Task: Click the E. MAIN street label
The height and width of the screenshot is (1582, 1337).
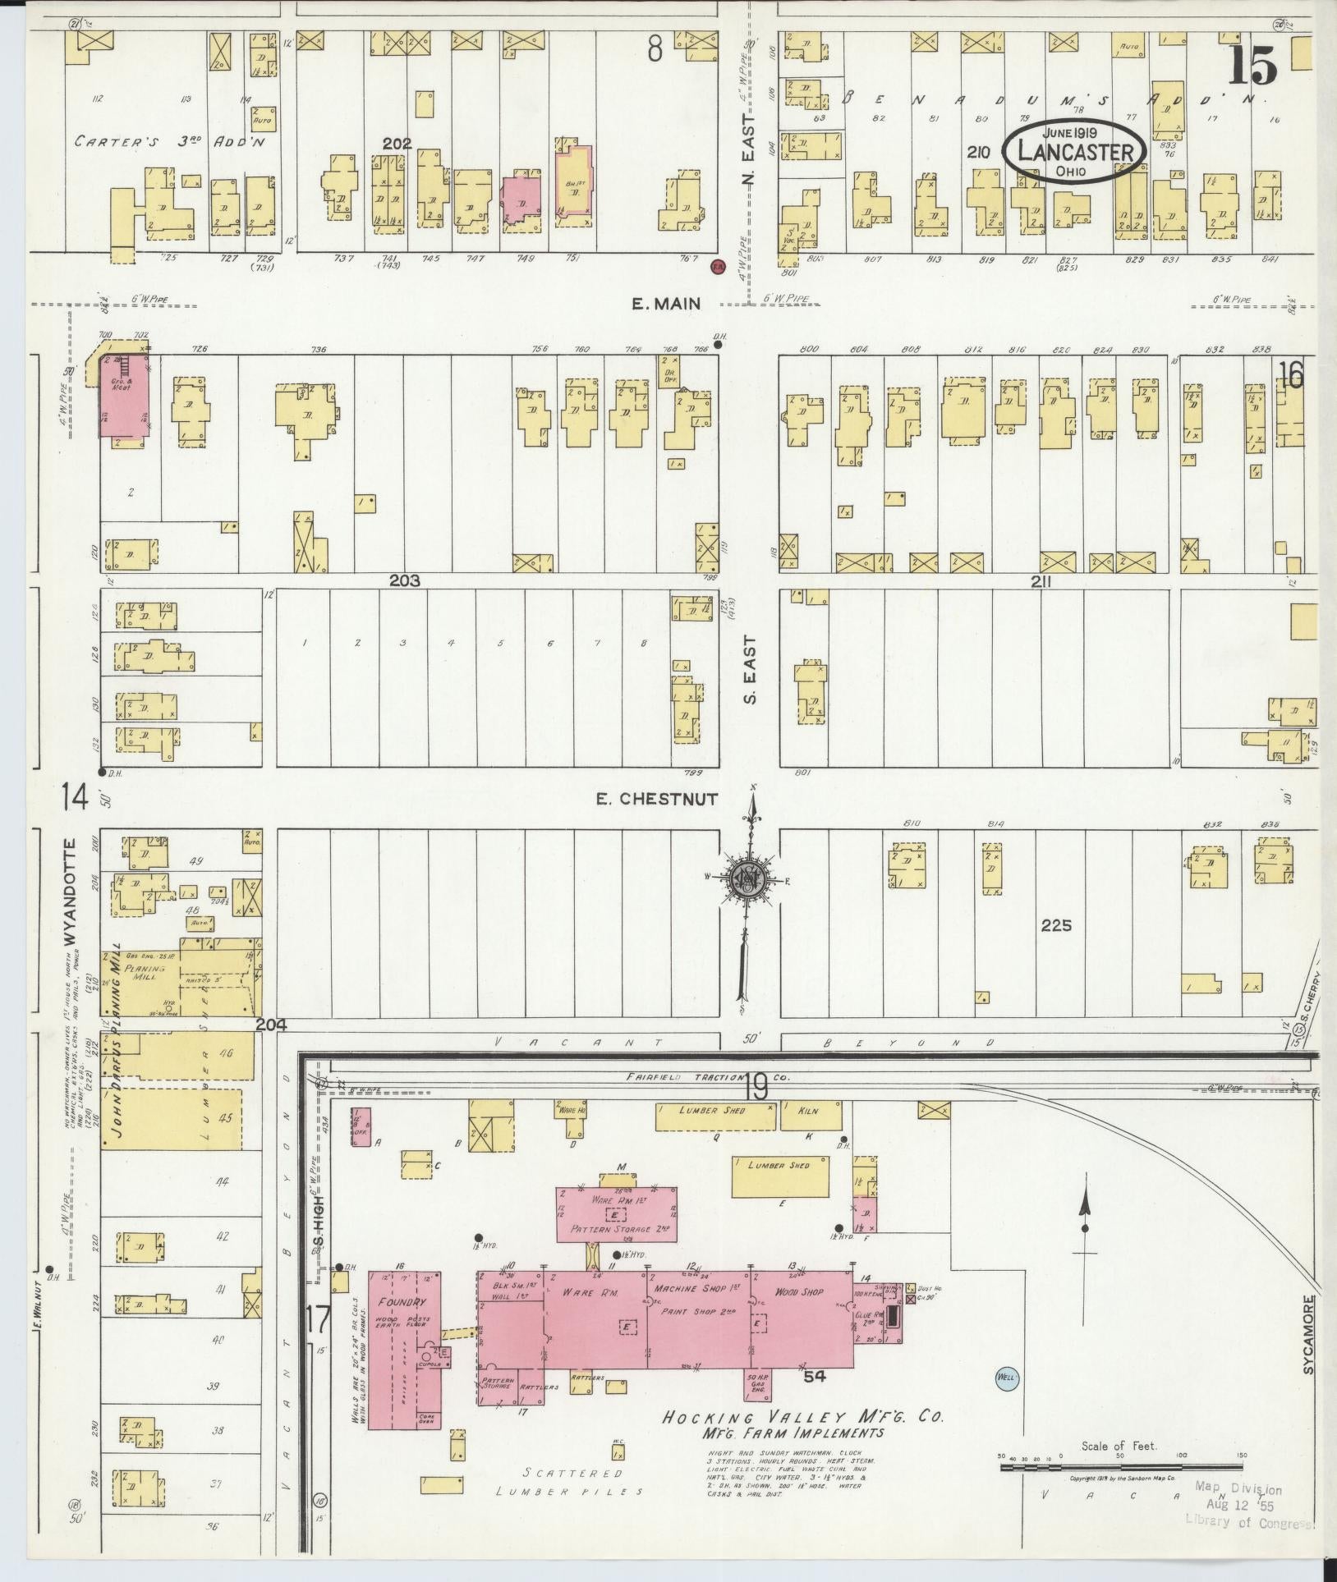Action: pos(665,304)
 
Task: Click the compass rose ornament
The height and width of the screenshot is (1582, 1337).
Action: pos(749,878)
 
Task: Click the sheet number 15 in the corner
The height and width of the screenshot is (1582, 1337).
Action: pos(1252,66)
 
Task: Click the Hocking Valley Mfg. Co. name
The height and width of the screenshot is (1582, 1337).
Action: pos(803,1418)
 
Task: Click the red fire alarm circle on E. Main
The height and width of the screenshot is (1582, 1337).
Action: pos(717,266)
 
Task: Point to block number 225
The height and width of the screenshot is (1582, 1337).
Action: pos(1056,925)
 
